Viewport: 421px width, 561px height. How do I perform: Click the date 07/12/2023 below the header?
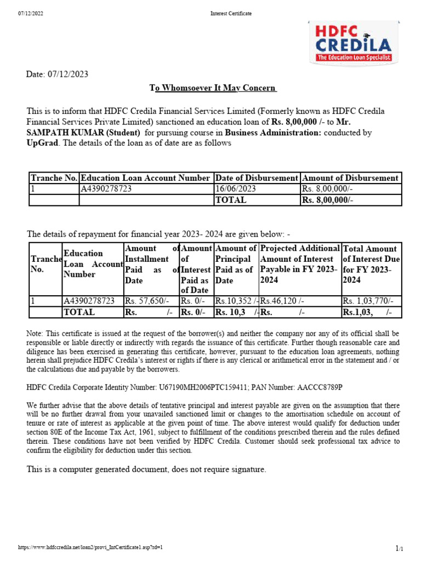[58, 74]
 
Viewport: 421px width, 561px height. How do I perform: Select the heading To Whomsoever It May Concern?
[213, 88]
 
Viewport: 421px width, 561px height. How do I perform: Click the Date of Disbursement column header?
[257, 178]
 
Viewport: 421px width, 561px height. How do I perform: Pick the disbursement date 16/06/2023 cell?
[236, 189]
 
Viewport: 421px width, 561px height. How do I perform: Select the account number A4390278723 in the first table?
[106, 189]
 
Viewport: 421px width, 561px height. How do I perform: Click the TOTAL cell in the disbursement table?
[231, 200]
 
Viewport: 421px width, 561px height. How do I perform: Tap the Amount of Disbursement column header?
[350, 178]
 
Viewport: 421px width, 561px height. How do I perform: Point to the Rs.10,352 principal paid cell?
[235, 301]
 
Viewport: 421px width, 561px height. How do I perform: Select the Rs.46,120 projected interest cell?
[283, 301]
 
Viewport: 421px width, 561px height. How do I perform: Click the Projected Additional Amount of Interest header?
[299, 264]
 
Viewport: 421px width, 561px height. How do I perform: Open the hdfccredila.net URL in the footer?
[91, 547]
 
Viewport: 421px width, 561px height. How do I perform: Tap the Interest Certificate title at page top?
[231, 14]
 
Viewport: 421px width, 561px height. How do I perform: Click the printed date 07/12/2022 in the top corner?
[31, 14]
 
